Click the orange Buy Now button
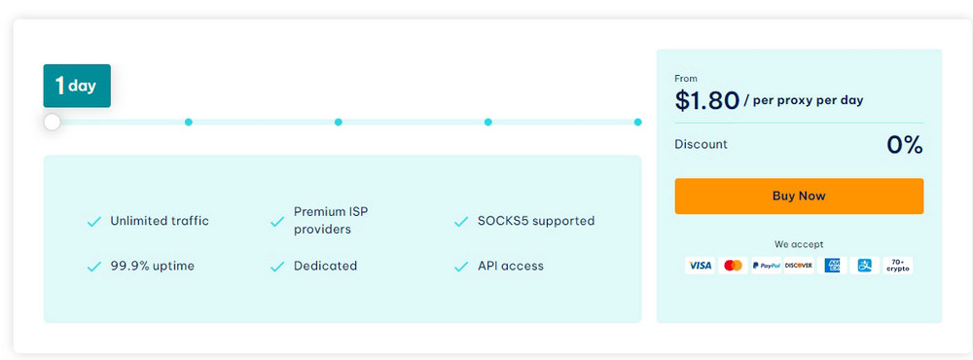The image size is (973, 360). pos(798,196)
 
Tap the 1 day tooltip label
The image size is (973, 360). pos(77,86)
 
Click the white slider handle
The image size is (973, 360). pos(53,122)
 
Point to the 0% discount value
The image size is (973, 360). pos(904,145)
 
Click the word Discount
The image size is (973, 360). pos(701,144)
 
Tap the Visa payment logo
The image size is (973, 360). pos(700,266)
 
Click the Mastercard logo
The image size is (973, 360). pos(734,266)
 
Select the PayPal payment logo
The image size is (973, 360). pos(766,266)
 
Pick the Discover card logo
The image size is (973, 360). pos(799,266)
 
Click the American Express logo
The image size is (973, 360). pos(832,266)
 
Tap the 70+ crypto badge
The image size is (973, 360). pos(897,266)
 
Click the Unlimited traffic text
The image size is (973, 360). pos(160,221)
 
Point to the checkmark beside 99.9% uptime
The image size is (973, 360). pos(94,267)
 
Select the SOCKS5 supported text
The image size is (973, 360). pos(536,221)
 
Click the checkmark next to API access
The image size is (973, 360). pos(461,267)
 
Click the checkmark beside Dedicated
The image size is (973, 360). pos(277,267)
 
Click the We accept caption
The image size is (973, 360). pos(798,244)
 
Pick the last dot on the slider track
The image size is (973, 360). pos(637,122)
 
